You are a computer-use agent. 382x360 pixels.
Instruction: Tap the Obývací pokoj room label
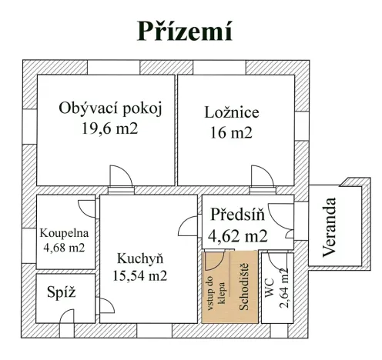pyautogui.click(x=111, y=108)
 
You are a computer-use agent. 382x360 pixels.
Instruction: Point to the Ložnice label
pyautogui.click(x=231, y=112)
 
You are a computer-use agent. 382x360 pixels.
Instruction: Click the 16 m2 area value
pyautogui.click(x=231, y=132)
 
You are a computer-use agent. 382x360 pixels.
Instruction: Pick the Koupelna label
pyautogui.click(x=65, y=232)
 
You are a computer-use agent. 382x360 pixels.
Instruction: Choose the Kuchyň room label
pyautogui.click(x=139, y=258)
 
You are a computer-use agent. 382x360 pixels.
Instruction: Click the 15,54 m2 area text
pyautogui.click(x=139, y=274)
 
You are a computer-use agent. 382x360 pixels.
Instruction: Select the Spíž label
pyautogui.click(x=61, y=293)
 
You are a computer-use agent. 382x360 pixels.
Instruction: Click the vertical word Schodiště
pyautogui.click(x=244, y=286)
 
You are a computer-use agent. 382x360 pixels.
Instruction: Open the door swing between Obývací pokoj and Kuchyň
pyautogui.click(x=121, y=178)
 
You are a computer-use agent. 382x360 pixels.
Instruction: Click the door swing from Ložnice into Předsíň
pyautogui.click(x=262, y=178)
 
